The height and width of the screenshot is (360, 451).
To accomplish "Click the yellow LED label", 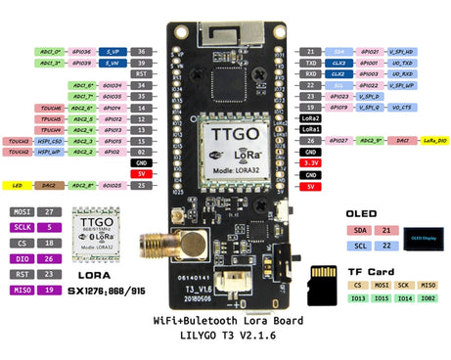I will [17, 185].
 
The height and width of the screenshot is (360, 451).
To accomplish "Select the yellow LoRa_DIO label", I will [435, 140].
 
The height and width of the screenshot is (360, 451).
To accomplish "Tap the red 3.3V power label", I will [310, 163].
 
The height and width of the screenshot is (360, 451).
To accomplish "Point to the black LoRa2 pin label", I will [310, 117].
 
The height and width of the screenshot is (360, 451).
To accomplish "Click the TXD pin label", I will [310, 62].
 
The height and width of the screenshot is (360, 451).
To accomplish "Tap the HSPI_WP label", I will [50, 152].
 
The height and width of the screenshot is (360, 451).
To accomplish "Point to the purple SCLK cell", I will [22, 226].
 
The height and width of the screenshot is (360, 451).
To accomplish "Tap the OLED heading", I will [362, 213].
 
